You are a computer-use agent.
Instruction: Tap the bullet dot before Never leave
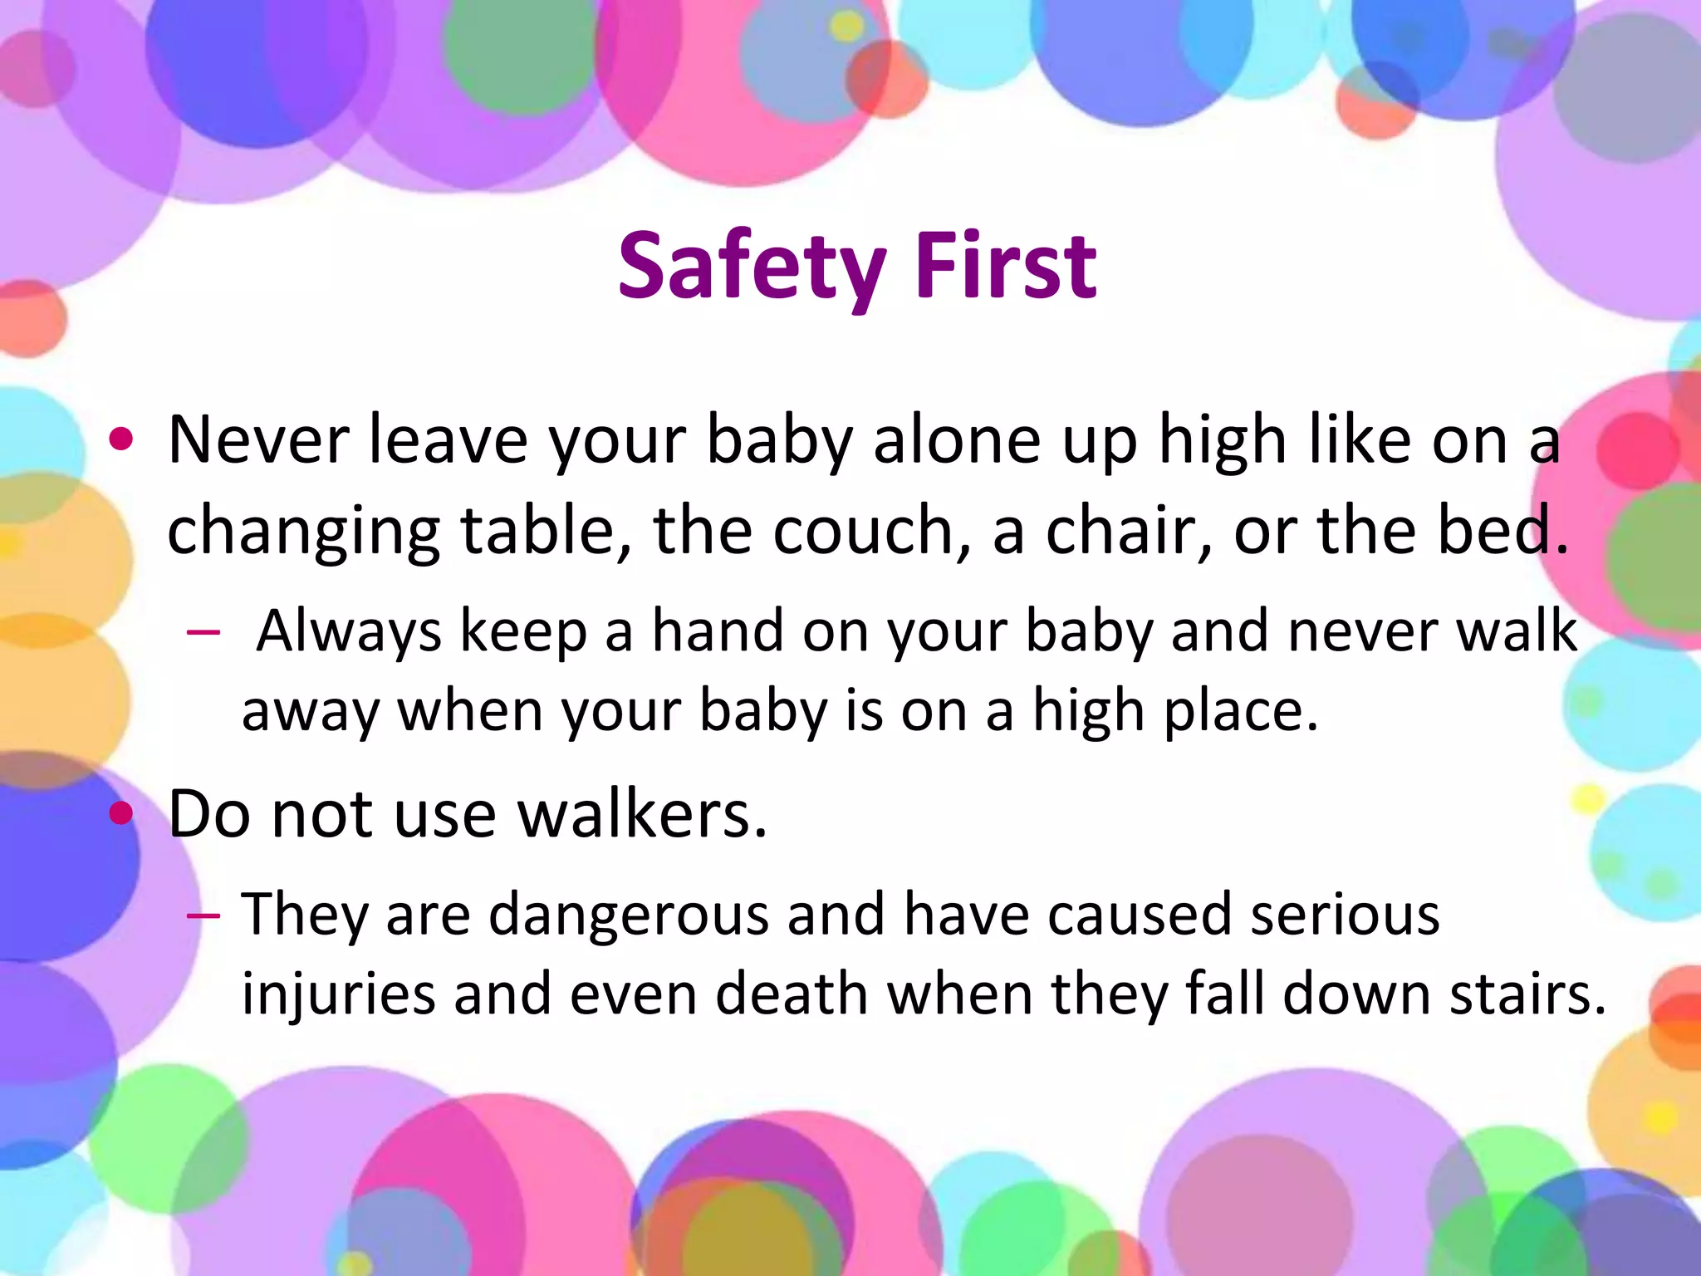tap(121, 440)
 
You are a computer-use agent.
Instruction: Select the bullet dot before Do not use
tap(121, 814)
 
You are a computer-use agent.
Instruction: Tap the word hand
tap(718, 631)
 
